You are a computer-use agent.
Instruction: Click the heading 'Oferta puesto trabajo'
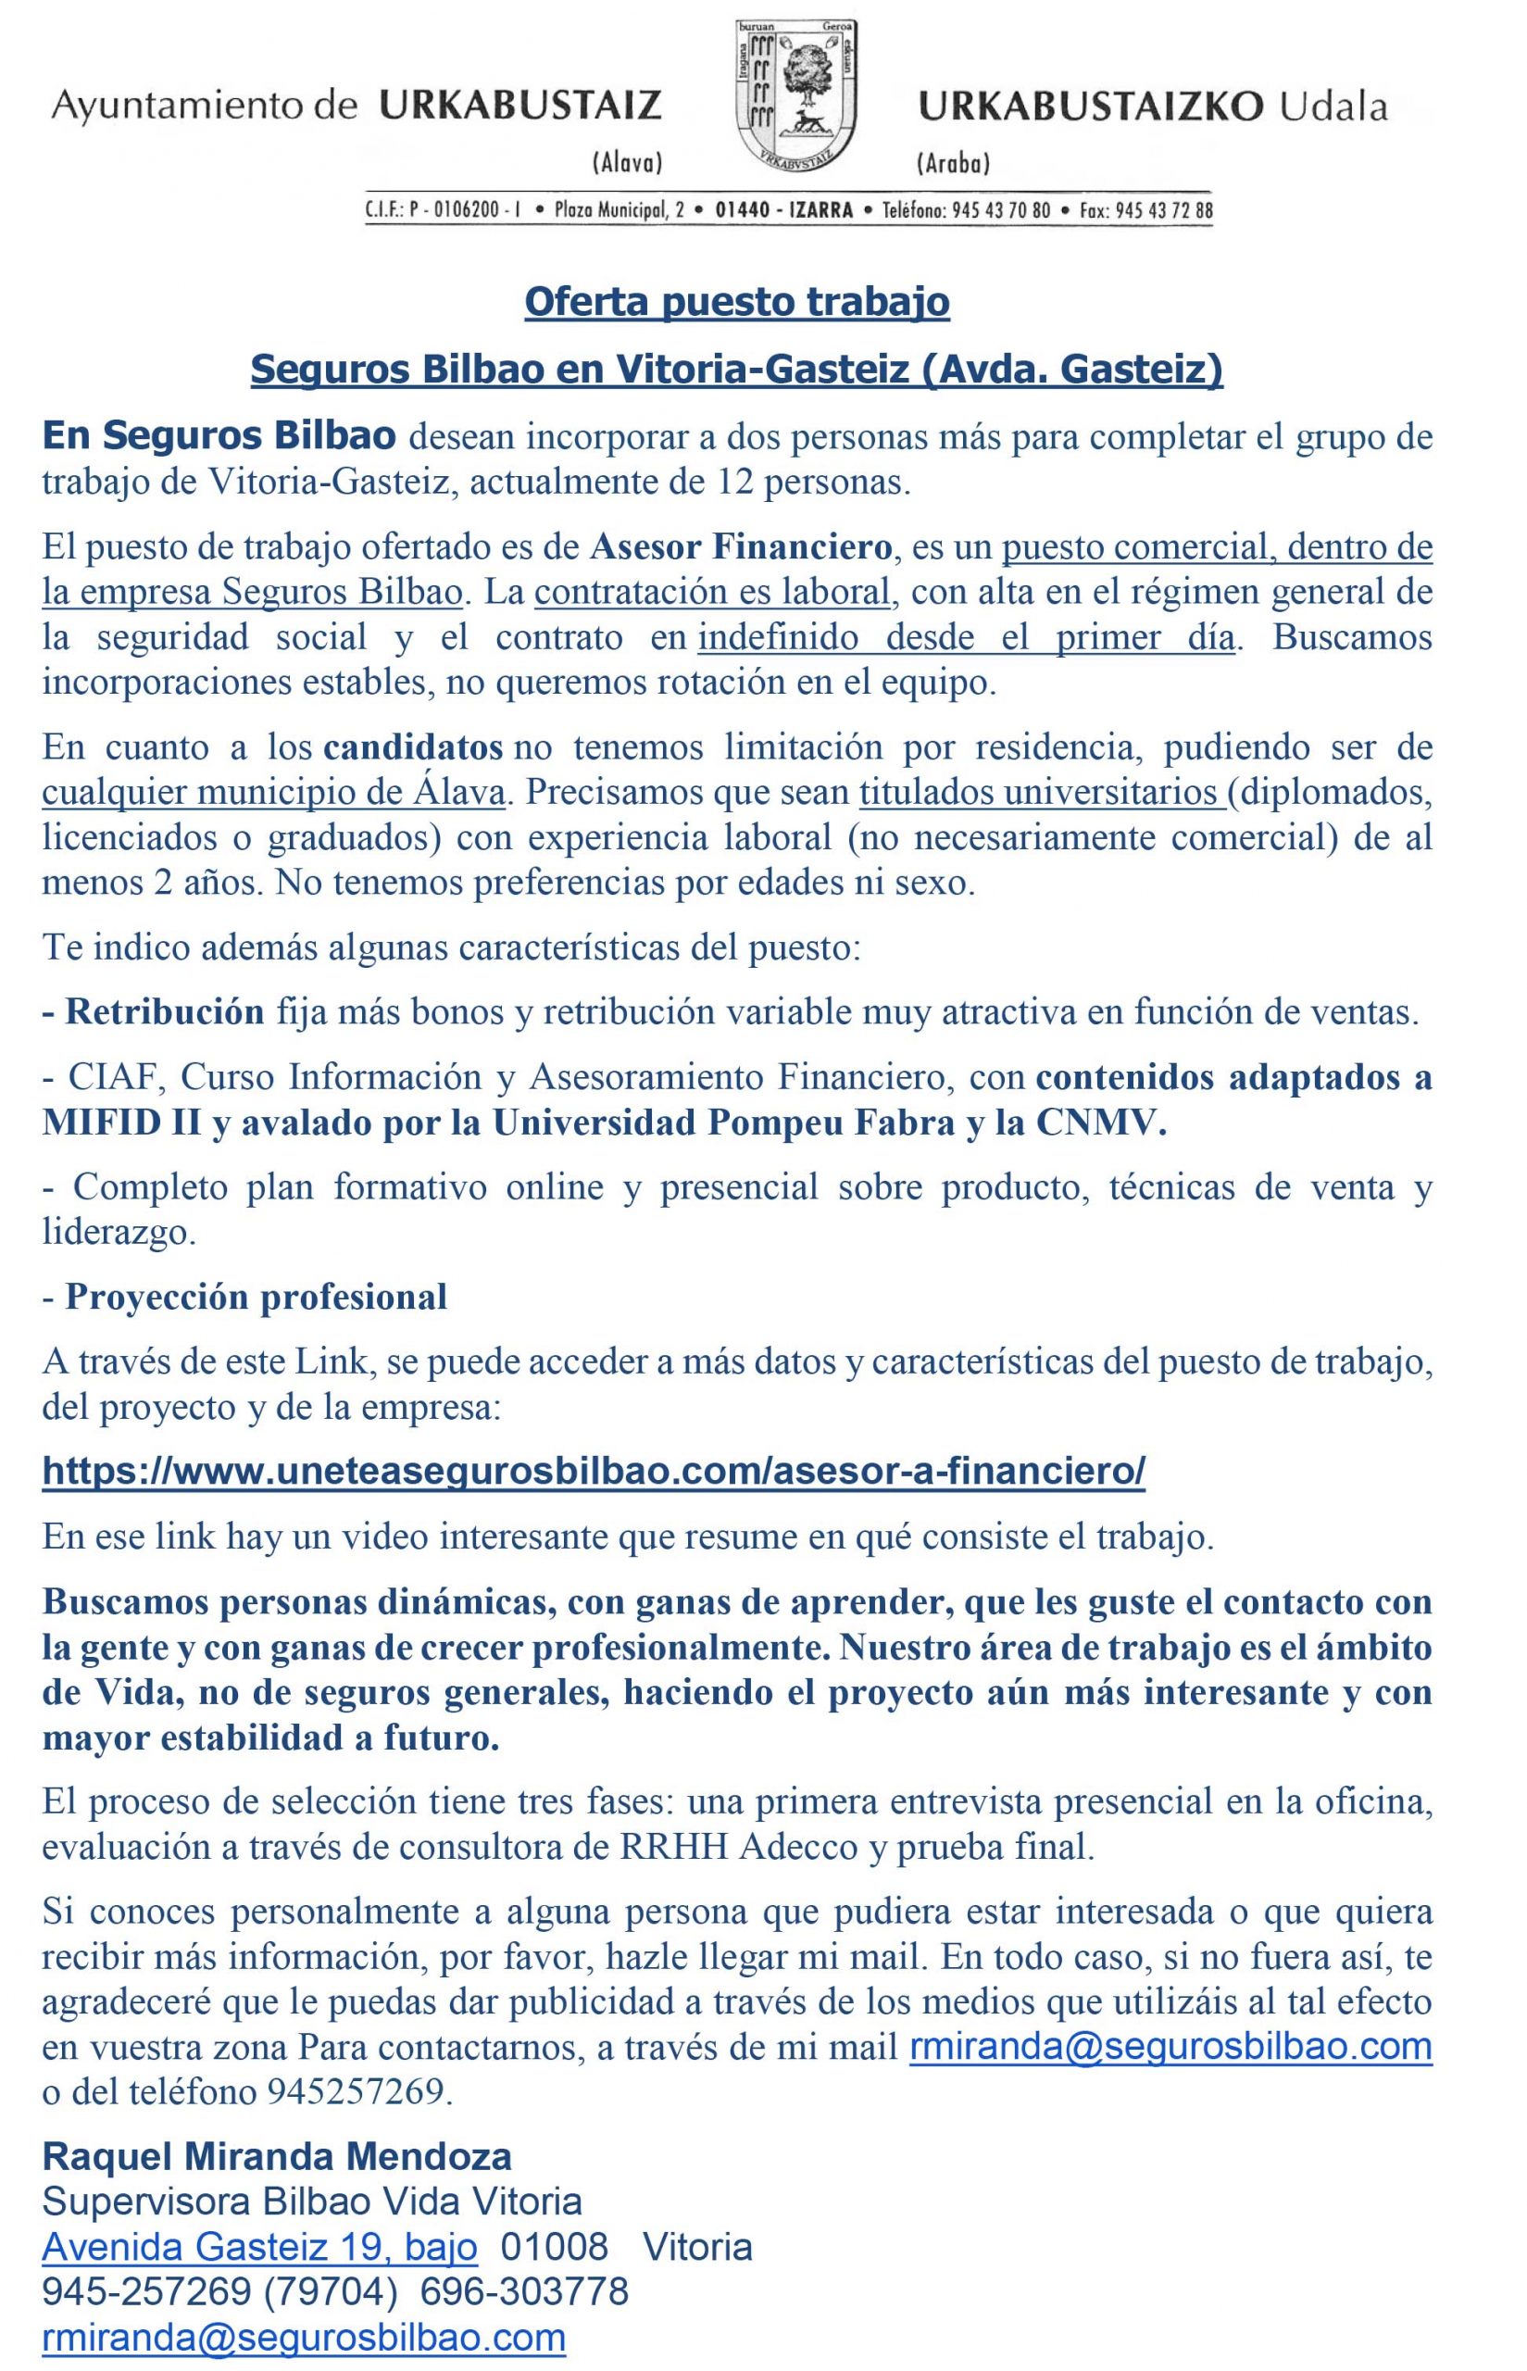point(737,301)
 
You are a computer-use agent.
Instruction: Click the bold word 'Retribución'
point(165,1011)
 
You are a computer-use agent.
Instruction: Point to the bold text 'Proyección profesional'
point(256,1296)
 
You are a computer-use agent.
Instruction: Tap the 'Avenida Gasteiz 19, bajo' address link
point(258,2247)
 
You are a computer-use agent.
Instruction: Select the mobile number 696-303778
point(523,2291)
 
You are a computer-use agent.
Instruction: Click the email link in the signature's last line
point(304,2338)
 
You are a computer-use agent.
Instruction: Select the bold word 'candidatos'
point(414,746)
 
